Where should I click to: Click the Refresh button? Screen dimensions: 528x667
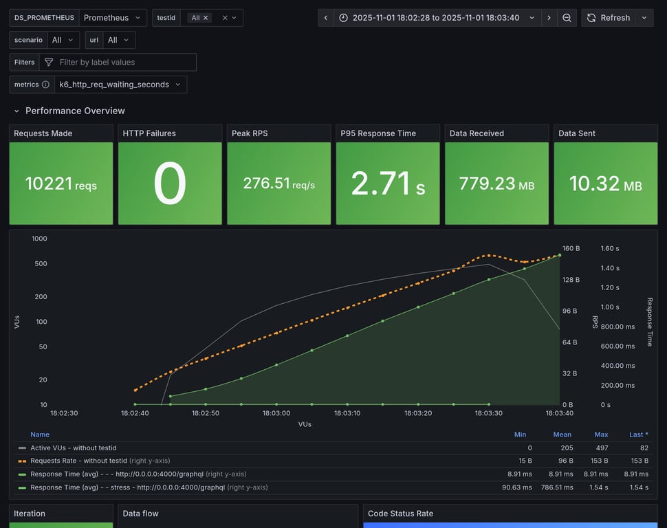click(x=608, y=18)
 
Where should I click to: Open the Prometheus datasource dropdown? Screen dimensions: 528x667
click(x=113, y=18)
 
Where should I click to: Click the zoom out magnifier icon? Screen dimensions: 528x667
click(x=567, y=18)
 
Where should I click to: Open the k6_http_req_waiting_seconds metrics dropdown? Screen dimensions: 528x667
click(x=120, y=85)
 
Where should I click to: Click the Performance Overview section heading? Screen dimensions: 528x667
click(x=75, y=111)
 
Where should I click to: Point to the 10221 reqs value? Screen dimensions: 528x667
click(x=61, y=184)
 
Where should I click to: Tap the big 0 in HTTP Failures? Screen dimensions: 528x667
click(x=170, y=184)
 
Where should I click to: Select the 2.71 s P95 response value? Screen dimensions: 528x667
click(x=387, y=184)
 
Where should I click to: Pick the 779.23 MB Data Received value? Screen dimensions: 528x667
click(x=496, y=184)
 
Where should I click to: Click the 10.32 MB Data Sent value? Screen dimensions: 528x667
click(x=605, y=184)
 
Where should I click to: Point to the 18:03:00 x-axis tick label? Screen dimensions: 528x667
click(x=276, y=413)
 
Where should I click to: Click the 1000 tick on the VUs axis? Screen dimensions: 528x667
click(x=39, y=239)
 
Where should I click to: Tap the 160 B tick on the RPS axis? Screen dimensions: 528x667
click(x=571, y=248)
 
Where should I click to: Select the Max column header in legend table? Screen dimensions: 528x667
click(x=601, y=434)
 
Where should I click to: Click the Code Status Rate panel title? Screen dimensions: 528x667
click(x=400, y=514)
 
